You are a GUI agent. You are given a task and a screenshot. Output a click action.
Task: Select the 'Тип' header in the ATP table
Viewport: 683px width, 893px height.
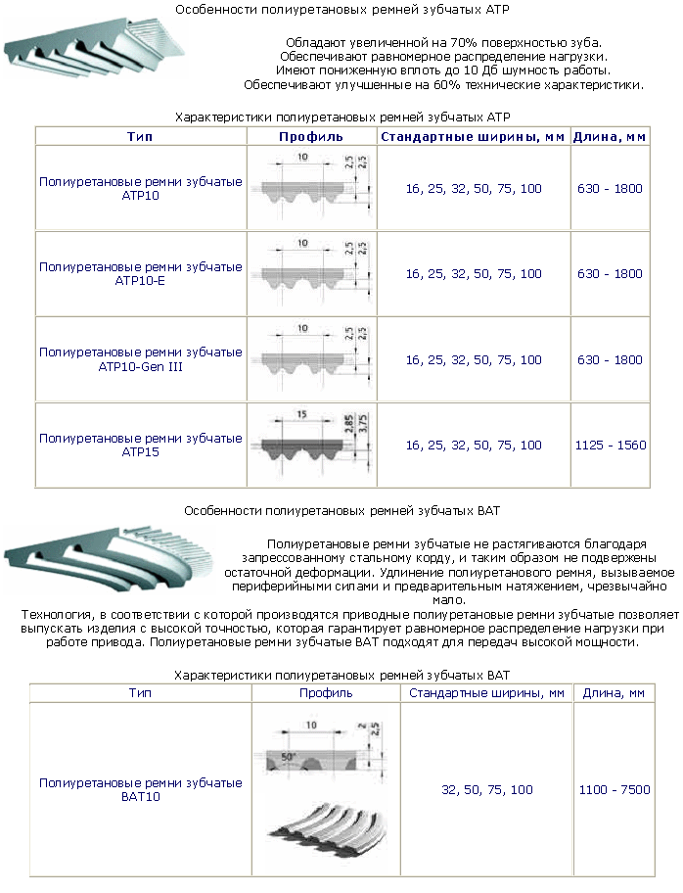(140, 136)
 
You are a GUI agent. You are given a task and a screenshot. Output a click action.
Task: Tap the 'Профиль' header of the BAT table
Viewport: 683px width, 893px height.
(325, 693)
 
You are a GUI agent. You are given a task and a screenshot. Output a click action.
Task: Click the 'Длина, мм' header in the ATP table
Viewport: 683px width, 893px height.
(611, 136)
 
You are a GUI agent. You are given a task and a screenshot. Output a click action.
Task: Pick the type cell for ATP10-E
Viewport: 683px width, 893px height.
(140, 273)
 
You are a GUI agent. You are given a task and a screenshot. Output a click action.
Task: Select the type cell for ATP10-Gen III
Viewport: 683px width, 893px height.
(140, 359)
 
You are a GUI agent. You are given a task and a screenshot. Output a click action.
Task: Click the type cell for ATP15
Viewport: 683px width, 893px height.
(140, 445)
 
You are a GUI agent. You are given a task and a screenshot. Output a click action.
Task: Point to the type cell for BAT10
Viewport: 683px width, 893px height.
(140, 790)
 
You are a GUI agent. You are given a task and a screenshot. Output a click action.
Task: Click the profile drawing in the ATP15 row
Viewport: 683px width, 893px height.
(310, 444)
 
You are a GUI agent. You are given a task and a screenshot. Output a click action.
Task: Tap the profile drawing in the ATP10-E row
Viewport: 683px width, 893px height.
(310, 273)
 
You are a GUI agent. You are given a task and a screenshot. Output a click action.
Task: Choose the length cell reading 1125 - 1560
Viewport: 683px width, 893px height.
(611, 445)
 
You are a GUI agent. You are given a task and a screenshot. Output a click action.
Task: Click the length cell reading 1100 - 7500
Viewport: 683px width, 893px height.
(614, 789)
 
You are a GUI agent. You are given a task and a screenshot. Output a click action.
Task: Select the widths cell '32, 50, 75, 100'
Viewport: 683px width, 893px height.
(486, 789)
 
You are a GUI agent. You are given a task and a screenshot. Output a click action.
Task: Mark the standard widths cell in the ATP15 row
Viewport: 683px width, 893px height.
(474, 445)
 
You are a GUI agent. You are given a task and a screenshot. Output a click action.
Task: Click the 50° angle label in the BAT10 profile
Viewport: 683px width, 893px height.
(289, 757)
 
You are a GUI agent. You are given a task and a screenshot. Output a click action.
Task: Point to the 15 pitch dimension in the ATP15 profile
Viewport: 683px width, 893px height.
(300, 415)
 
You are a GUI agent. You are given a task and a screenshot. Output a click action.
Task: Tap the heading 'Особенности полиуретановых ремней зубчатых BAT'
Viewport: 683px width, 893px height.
(341, 510)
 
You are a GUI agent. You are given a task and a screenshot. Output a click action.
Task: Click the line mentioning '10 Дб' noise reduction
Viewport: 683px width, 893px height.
(443, 70)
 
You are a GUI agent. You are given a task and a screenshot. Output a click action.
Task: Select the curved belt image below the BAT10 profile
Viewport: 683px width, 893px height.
(327, 833)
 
